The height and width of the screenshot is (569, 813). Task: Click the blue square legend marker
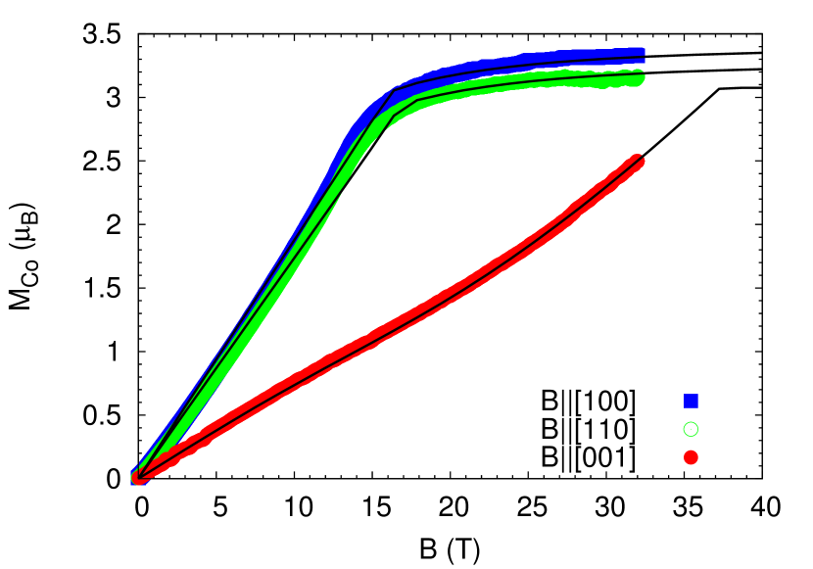point(691,401)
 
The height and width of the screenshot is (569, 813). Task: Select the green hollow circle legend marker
point(691,429)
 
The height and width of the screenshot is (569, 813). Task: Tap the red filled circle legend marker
point(691,457)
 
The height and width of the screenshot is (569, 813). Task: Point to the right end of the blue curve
point(641,52)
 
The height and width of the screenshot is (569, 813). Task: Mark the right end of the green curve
point(640,77)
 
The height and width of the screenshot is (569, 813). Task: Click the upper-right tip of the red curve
point(638,160)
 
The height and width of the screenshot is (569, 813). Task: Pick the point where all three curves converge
point(138,477)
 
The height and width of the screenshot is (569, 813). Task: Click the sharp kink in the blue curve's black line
point(395,90)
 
